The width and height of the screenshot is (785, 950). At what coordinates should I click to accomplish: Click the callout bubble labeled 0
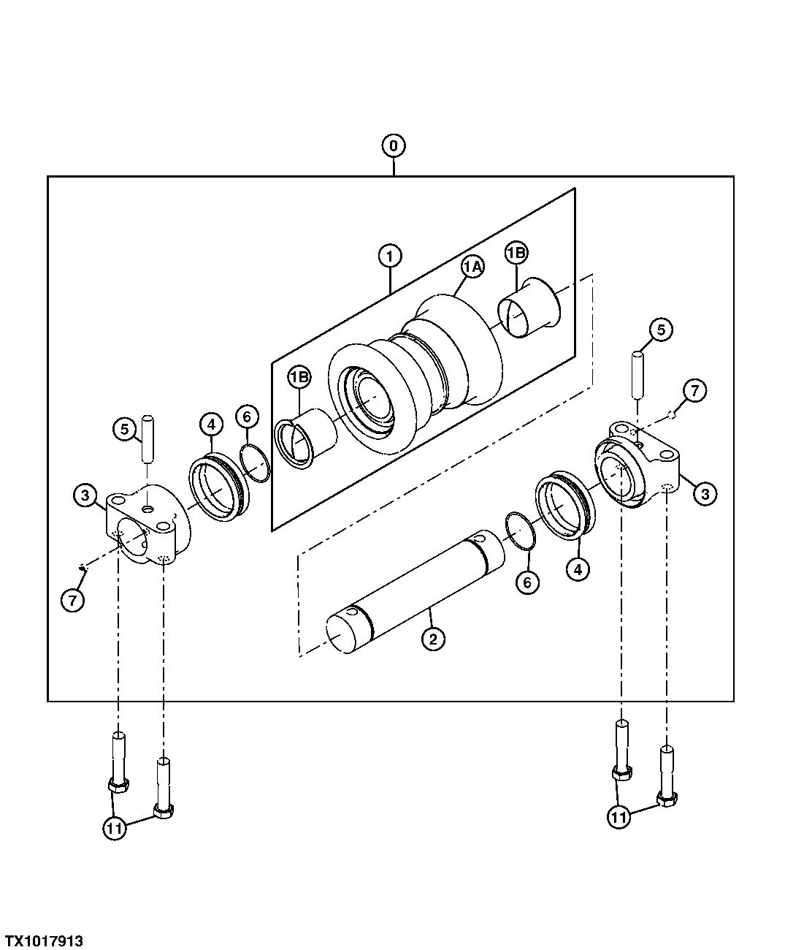tap(394, 146)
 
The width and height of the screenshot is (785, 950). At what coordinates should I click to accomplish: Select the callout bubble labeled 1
tap(390, 256)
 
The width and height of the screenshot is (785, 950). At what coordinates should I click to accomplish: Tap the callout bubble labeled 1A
tap(472, 267)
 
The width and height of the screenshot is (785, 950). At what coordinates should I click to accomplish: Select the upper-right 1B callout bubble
tap(516, 253)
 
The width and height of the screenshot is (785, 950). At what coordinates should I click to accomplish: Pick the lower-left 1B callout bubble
tap(299, 377)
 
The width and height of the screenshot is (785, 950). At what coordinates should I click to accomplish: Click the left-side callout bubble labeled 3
tap(85, 495)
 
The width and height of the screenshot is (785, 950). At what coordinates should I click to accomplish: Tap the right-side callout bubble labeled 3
tap(705, 494)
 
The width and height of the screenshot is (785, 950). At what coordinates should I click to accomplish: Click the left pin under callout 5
tap(148, 439)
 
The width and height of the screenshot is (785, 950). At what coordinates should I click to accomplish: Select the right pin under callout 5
tap(637, 373)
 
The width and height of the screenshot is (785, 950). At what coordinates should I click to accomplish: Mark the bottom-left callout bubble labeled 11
tap(115, 828)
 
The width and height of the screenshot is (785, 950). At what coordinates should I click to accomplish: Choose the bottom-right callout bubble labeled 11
tap(619, 817)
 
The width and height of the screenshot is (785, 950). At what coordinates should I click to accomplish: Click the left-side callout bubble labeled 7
tap(73, 600)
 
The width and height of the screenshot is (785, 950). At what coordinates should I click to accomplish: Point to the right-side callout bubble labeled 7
tap(694, 391)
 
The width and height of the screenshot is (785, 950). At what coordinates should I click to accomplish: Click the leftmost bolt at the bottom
tap(118, 764)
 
